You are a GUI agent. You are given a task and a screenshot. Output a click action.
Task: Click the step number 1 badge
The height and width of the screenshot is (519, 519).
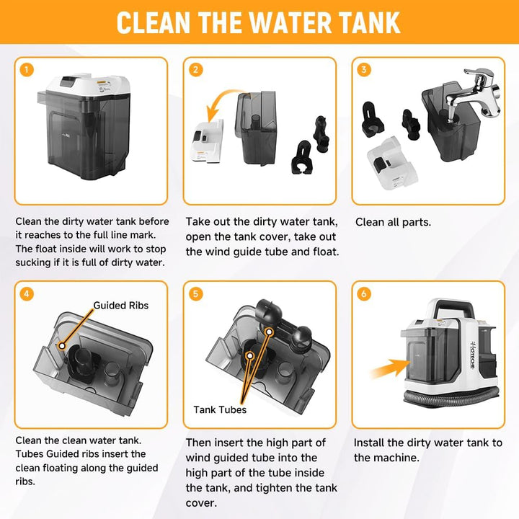27,70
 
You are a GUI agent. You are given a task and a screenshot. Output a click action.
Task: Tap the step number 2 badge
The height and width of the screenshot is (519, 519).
195,70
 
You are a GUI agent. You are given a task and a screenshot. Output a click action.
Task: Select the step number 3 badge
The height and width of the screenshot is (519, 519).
364,69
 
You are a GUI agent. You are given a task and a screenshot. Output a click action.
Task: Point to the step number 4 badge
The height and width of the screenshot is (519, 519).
27,293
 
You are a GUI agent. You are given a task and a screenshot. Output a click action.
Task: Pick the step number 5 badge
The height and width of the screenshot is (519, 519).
195,293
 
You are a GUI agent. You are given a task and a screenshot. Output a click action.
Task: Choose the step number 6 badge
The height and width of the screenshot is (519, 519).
364,293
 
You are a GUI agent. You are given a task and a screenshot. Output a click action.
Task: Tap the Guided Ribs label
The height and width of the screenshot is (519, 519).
121,305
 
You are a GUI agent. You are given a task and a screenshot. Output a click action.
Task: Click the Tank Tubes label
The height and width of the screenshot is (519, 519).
220,409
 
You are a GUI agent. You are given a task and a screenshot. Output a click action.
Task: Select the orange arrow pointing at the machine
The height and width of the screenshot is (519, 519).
391,368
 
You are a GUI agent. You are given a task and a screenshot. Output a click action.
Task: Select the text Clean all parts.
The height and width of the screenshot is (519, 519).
393,222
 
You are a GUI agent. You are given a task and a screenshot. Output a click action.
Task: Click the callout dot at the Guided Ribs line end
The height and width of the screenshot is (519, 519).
61,346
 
